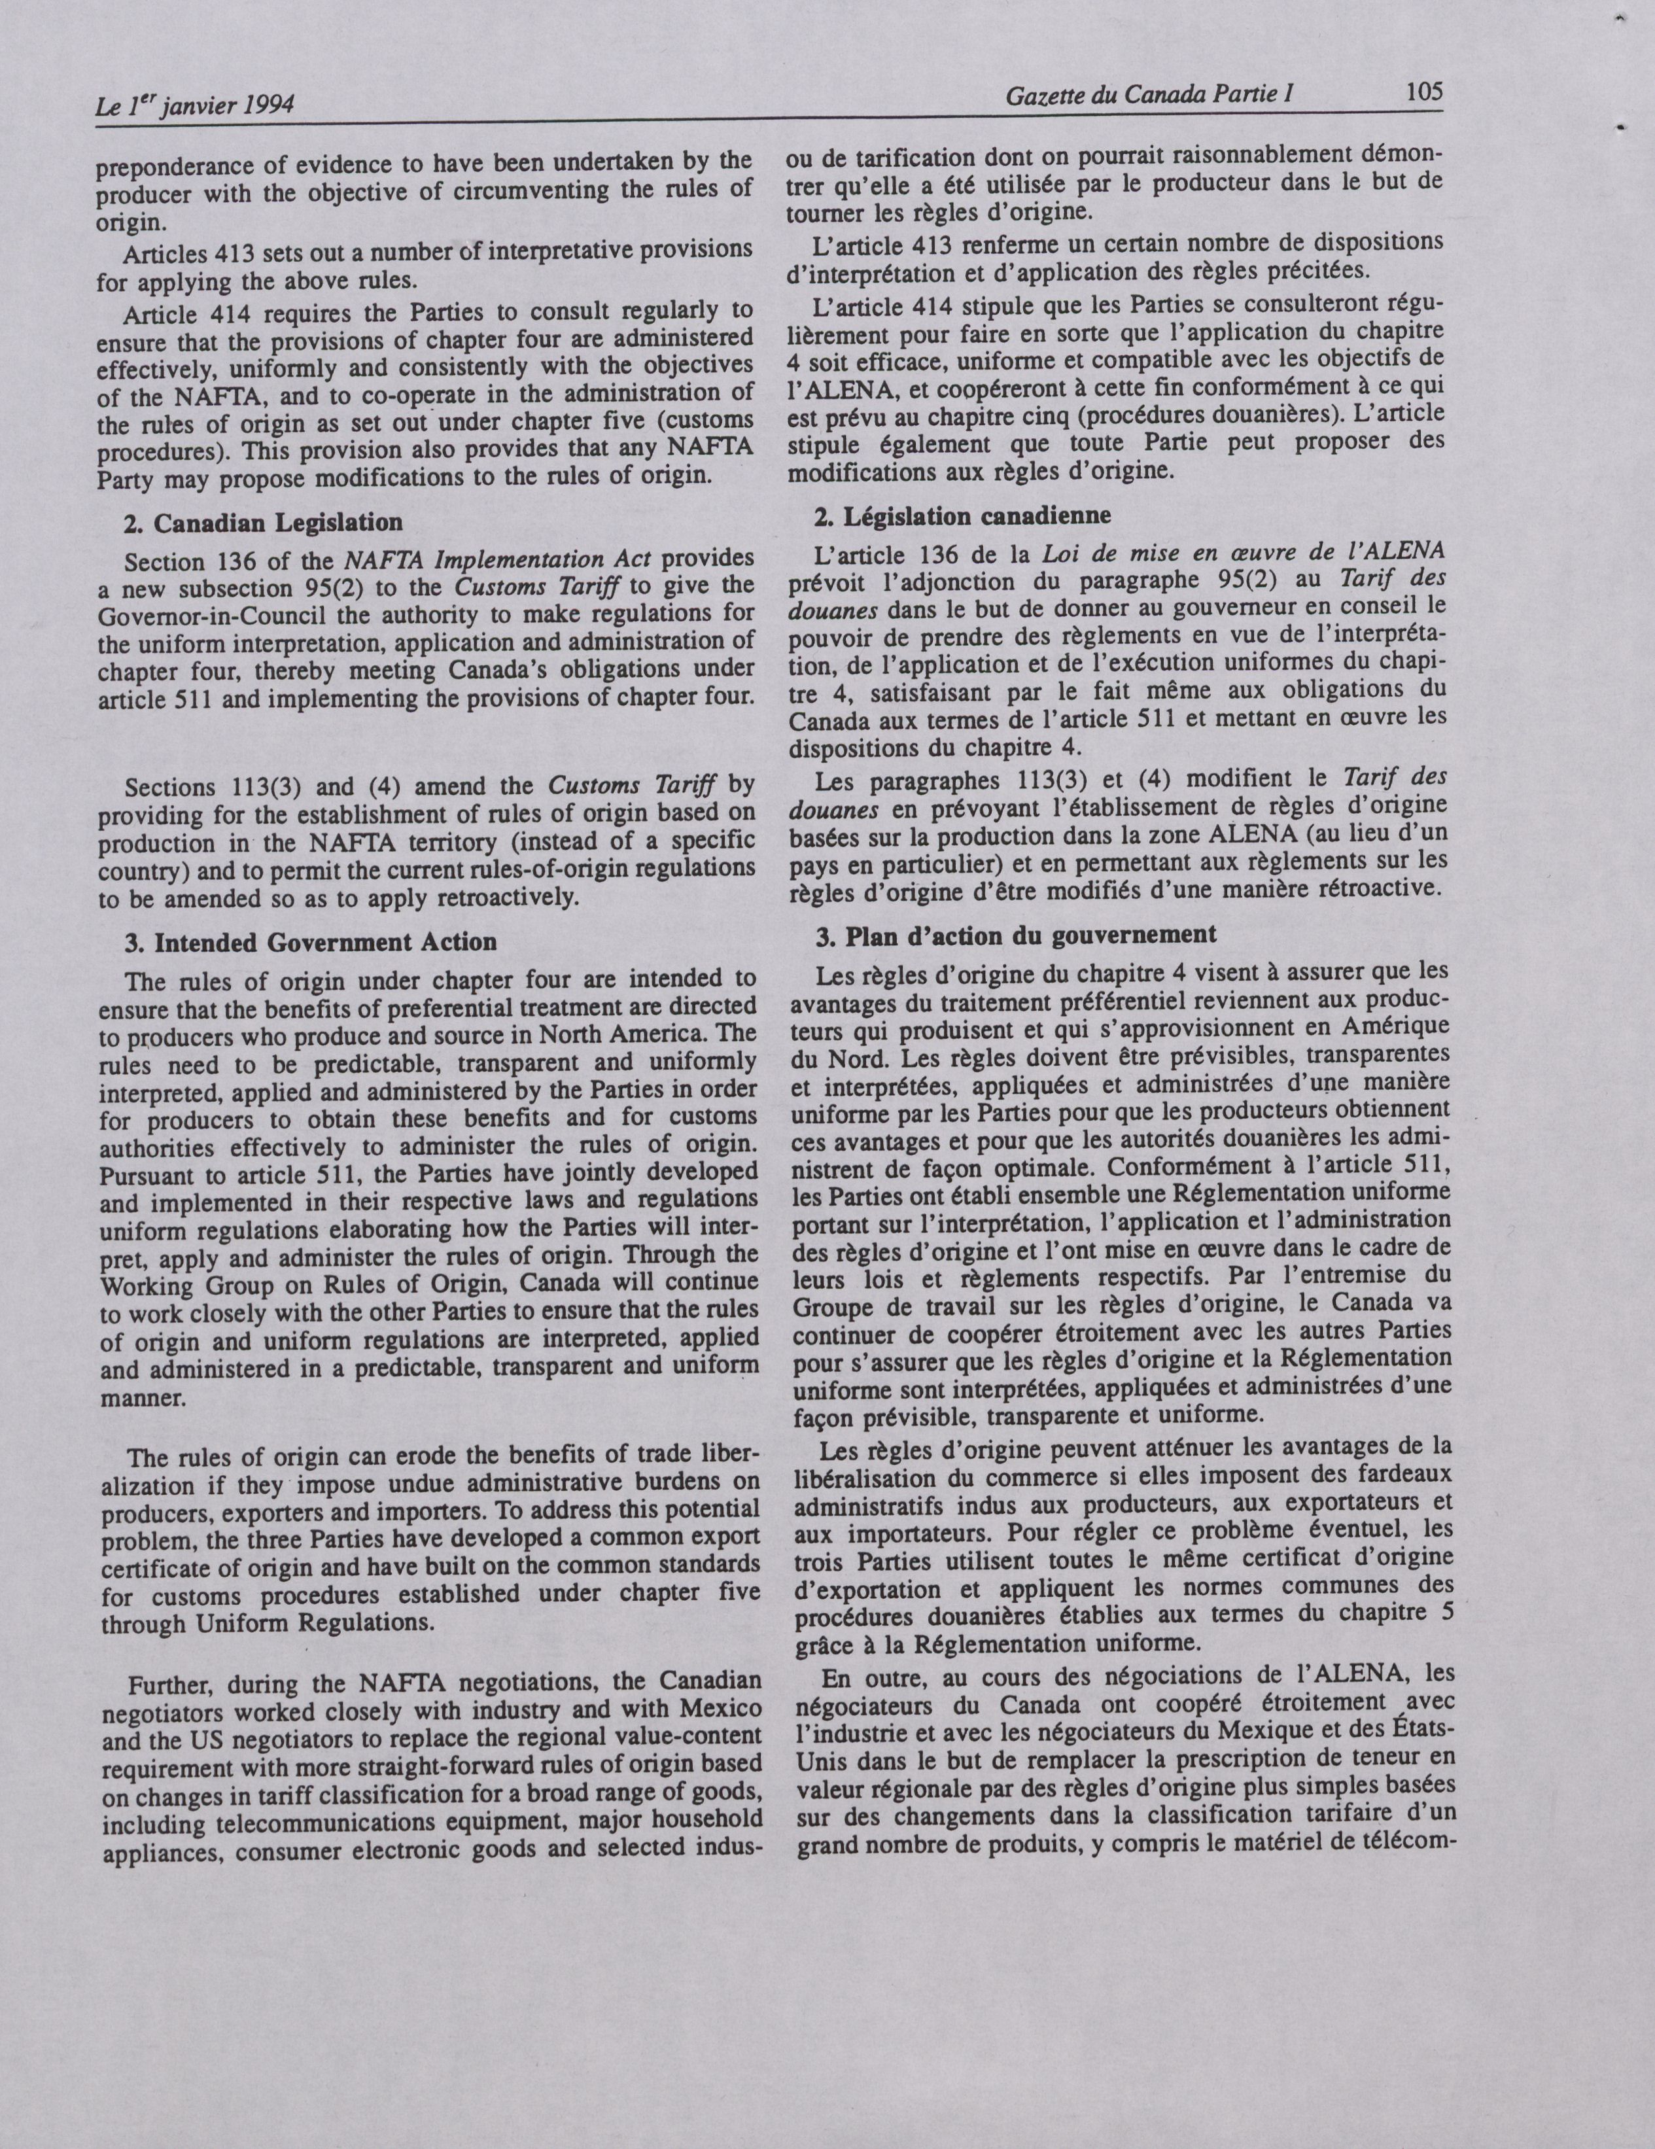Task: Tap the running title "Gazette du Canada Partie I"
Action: [x=1147, y=96]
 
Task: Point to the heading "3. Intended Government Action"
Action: [x=311, y=941]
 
